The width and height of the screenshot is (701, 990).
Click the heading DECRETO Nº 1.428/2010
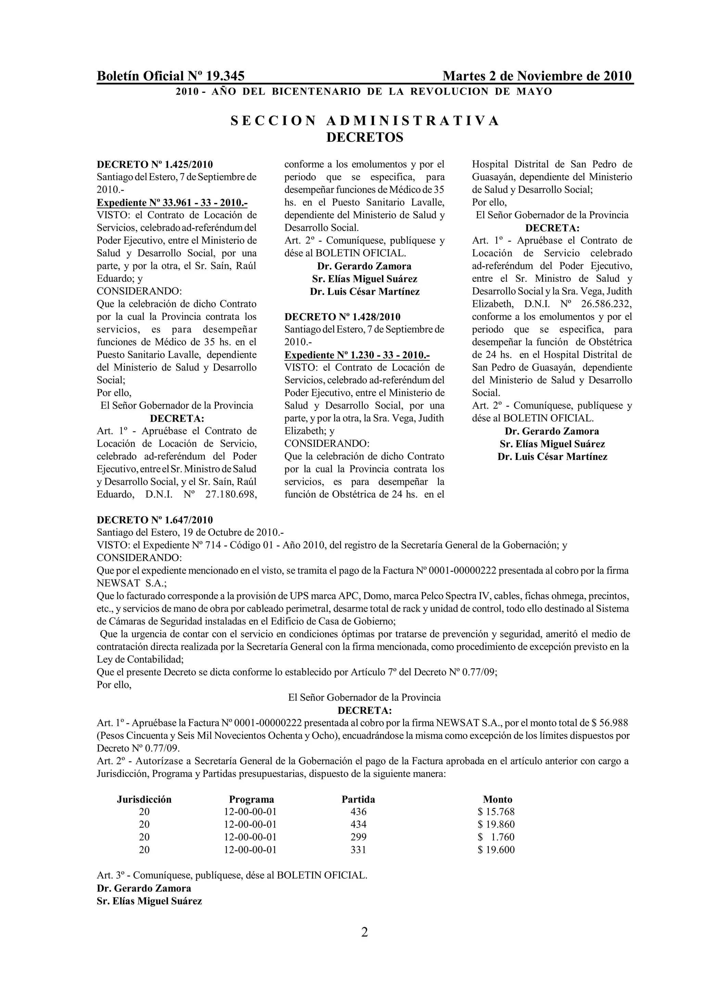click(342, 317)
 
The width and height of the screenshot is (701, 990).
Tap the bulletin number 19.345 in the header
click(225, 76)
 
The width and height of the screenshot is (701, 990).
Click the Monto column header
click(497, 799)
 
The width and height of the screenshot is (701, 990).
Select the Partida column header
click(358, 799)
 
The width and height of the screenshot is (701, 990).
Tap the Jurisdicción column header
click(144, 799)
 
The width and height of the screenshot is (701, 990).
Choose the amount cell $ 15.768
click(496, 812)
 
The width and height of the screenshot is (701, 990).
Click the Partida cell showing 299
click(358, 837)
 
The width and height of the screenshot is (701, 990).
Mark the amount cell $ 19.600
click(496, 850)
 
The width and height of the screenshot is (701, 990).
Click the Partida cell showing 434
click(358, 824)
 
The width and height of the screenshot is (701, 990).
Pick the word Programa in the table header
click(251, 799)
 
